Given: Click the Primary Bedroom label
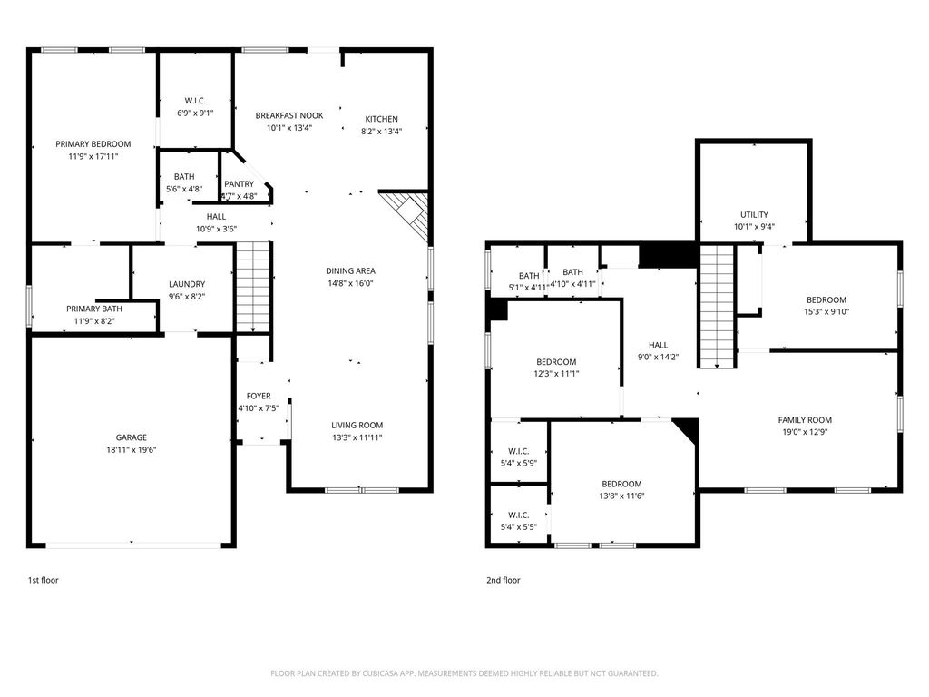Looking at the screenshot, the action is point(93,144).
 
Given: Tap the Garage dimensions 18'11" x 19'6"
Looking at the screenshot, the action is point(131,450).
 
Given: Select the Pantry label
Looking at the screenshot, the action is point(239,184).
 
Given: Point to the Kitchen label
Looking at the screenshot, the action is point(381,119).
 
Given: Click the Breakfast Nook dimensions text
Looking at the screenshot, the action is point(289,128).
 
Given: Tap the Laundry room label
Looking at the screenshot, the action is point(187,284).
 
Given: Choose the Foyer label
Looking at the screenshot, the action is point(259,396).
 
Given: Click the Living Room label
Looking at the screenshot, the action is point(357,425).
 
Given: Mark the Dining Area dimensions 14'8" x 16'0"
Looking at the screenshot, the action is point(350,283).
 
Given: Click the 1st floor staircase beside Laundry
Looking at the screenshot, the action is point(254,287).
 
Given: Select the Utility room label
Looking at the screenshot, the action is point(754,214).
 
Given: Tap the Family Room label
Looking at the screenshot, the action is point(805,420).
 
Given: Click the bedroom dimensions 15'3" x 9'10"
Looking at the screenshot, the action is point(826,312).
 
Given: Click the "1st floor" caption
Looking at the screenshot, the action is point(44,580).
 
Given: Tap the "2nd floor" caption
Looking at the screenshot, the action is point(503,580).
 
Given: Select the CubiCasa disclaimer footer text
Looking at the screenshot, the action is point(464,673).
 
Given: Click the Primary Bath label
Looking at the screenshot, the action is point(94,309).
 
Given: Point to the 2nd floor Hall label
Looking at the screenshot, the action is point(658,345).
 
